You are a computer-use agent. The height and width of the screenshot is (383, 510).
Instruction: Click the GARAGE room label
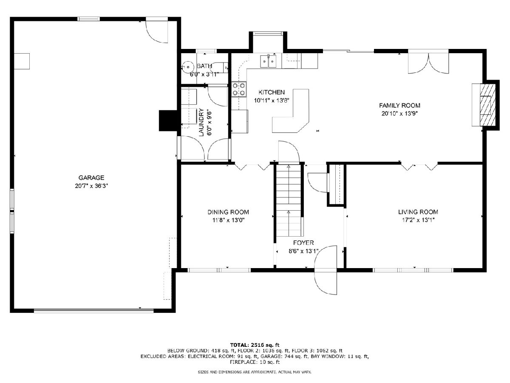click(91, 177)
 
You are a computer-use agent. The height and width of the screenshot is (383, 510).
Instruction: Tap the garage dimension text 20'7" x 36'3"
click(91, 186)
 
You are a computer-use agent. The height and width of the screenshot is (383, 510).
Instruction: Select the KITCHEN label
click(272, 92)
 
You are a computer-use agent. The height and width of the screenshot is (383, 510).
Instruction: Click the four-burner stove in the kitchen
click(239, 89)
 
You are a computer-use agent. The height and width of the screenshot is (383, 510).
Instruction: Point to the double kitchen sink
click(268, 61)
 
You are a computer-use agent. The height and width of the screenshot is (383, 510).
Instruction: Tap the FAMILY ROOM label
click(399, 106)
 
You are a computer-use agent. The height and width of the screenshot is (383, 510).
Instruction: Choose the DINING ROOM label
click(228, 212)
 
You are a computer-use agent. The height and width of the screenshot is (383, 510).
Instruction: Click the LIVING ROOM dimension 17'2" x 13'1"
click(418, 220)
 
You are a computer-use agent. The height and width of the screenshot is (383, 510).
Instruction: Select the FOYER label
click(303, 243)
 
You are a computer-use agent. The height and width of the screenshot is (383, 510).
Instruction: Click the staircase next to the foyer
click(289, 200)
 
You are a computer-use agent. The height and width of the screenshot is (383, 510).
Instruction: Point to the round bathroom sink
click(187, 67)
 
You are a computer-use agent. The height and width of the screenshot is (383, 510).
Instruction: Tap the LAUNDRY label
click(201, 122)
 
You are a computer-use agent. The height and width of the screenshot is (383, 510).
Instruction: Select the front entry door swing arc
click(325, 270)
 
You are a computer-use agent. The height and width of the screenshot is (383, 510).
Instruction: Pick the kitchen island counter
click(291, 111)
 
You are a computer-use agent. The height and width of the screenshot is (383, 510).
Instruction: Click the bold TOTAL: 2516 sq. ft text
click(255, 345)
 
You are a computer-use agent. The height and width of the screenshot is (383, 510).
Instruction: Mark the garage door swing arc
click(153, 33)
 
